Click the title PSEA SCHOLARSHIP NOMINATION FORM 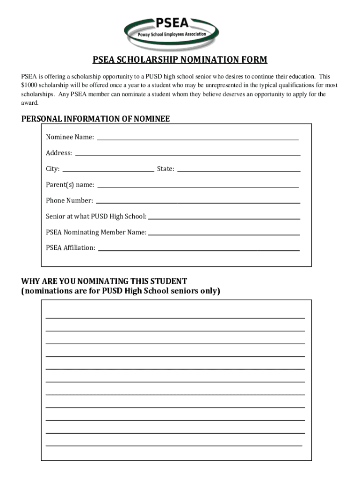[180, 60]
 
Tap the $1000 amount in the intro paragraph [29, 85]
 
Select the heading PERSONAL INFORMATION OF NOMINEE [95, 119]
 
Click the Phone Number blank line [197, 202]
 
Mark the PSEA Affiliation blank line [198, 250]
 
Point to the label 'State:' [166, 169]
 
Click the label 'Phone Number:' [69, 201]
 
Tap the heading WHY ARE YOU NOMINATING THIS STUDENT [104, 281]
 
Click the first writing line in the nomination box [175, 318]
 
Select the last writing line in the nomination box [173, 445]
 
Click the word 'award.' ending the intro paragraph [30, 102]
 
